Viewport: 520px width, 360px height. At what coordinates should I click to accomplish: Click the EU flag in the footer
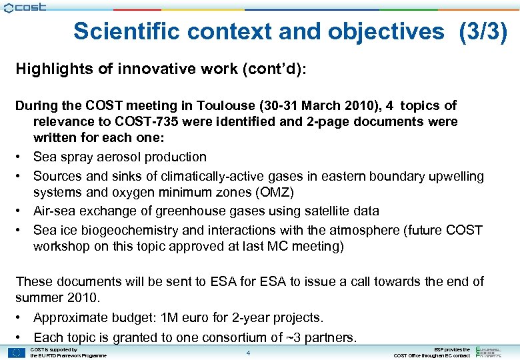click(x=17, y=352)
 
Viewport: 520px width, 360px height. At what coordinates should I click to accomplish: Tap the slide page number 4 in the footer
click(x=247, y=353)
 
